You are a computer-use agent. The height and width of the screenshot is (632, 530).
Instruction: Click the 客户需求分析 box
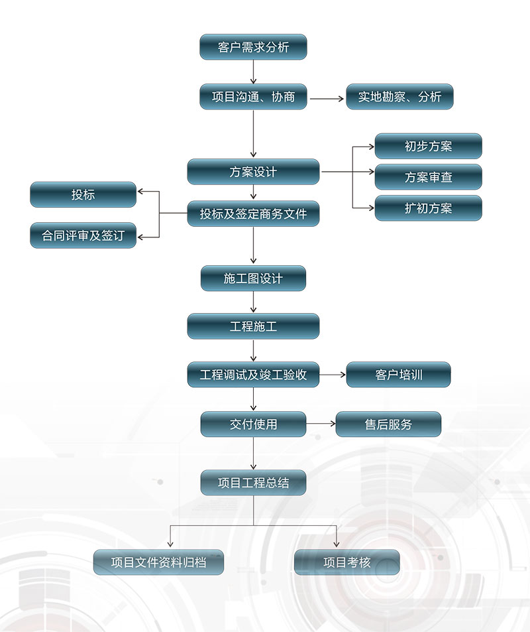pyautogui.click(x=253, y=47)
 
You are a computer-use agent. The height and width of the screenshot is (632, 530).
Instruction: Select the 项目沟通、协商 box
pyautogui.click(x=253, y=97)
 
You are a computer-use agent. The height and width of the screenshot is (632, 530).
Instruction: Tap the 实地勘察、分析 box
pyautogui.click(x=399, y=97)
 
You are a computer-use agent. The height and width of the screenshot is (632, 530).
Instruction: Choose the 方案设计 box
pyautogui.click(x=253, y=172)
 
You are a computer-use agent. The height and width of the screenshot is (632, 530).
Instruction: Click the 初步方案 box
pyautogui.click(x=428, y=147)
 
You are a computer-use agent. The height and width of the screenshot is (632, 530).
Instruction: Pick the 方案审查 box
pyautogui.click(x=428, y=177)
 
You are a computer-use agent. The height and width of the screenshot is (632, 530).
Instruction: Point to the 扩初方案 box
pyautogui.click(x=428, y=208)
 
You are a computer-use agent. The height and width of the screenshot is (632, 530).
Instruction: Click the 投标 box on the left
pyautogui.click(x=83, y=194)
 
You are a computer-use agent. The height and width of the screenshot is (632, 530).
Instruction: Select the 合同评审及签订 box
pyautogui.click(x=83, y=235)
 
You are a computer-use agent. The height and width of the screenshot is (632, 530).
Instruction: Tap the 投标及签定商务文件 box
pyautogui.click(x=253, y=214)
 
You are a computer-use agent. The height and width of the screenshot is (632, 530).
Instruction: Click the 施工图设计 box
pyautogui.click(x=253, y=279)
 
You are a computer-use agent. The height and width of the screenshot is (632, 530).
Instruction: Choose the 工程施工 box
pyautogui.click(x=253, y=326)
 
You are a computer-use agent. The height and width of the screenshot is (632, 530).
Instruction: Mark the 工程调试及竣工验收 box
pyautogui.click(x=253, y=375)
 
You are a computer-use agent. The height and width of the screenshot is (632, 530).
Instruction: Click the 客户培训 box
pyautogui.click(x=398, y=375)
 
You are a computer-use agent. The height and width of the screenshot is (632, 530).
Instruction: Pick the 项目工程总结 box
pyautogui.click(x=253, y=483)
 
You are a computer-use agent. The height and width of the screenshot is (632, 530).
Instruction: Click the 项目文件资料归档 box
pyautogui.click(x=158, y=562)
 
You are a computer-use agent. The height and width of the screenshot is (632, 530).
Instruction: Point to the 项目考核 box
pyautogui.click(x=346, y=562)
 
